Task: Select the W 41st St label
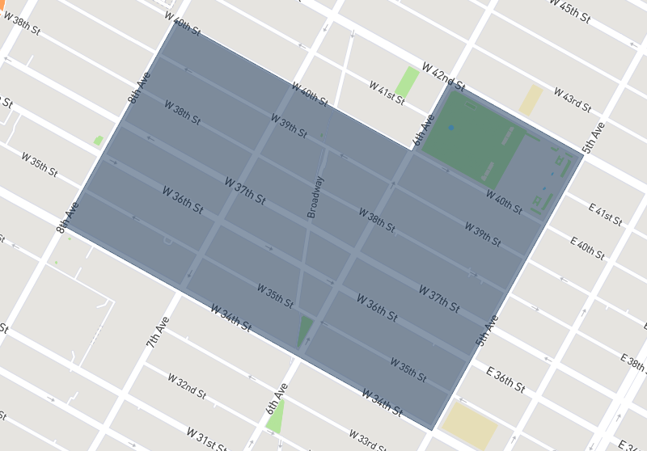pos(387,91)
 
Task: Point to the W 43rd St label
pos(573,99)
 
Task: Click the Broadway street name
pos(315,197)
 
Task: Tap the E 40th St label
pos(587,247)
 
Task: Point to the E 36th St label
pos(506,379)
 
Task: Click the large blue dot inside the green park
pos(450,128)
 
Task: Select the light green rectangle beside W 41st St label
pos(408,82)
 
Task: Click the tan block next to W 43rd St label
pos(531,99)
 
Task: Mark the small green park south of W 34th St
pos(275,417)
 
